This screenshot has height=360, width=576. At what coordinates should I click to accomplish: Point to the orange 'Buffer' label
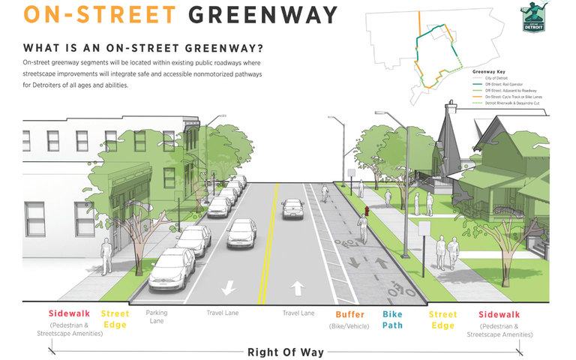(x=350, y=314)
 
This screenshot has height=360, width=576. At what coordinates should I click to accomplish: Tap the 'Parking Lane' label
(x=157, y=316)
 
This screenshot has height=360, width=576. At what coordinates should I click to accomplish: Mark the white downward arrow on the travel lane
(x=228, y=286)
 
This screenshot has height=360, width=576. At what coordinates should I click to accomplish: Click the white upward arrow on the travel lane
(x=298, y=286)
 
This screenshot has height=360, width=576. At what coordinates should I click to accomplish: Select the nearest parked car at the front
(x=173, y=270)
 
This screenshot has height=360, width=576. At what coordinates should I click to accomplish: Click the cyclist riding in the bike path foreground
(x=362, y=229)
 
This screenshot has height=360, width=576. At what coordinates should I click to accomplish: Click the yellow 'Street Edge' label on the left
(x=115, y=319)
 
